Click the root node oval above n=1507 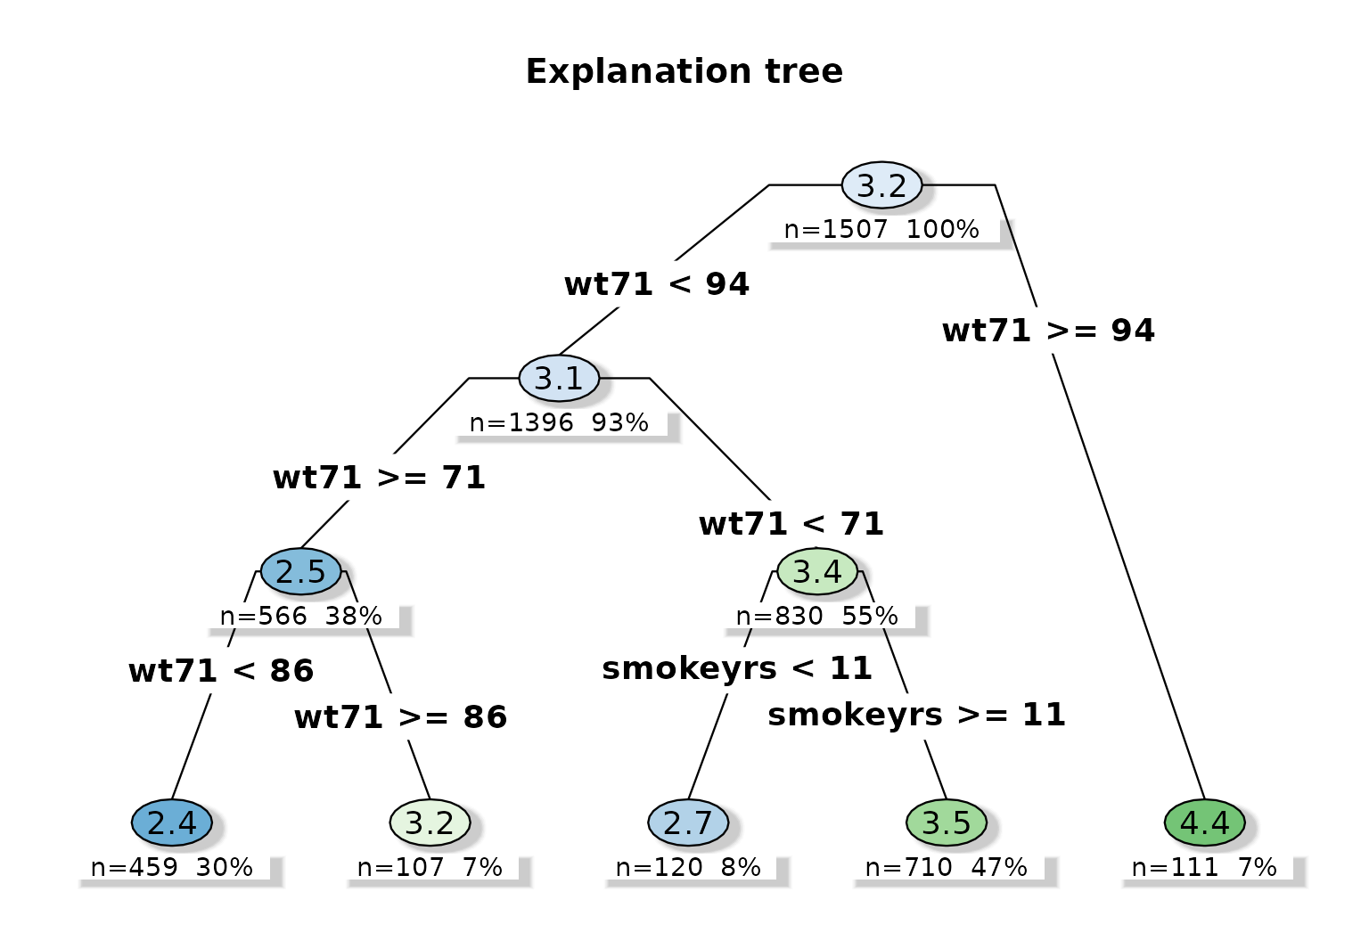(x=881, y=185)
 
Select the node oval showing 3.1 (x=559, y=378)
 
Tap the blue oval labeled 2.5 (x=301, y=571)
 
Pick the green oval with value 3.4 (x=817, y=571)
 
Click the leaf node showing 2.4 (x=172, y=822)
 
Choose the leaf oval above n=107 (x=430, y=822)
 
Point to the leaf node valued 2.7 (x=688, y=822)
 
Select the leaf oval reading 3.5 (x=947, y=822)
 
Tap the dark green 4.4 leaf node (x=1205, y=822)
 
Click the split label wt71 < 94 (x=657, y=284)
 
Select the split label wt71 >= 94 (x=1048, y=331)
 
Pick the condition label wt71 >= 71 (x=379, y=478)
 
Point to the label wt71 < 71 (x=791, y=523)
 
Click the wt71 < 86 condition (x=221, y=670)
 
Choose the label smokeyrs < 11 (x=737, y=668)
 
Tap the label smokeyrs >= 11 (x=916, y=715)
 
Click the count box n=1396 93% (x=559, y=422)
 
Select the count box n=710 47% (x=947, y=867)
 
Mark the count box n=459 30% (x=172, y=867)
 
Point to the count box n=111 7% (x=1205, y=867)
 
